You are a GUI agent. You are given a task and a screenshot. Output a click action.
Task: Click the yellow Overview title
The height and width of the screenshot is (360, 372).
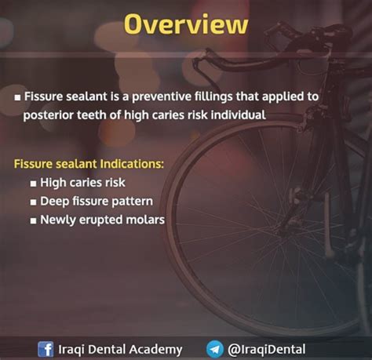point(186,24)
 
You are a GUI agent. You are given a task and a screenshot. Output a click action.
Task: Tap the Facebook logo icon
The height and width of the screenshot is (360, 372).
point(46,349)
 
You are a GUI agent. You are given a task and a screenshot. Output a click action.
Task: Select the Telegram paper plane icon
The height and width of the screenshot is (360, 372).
point(215,349)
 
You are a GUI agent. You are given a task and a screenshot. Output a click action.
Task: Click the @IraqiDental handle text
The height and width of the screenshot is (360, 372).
point(266,350)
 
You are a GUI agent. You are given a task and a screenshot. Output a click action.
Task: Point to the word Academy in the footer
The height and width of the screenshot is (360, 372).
point(156,350)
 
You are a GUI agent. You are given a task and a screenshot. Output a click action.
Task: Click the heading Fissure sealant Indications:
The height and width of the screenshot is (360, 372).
point(89,164)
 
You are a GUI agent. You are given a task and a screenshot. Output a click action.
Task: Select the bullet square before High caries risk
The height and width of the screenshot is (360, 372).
point(33,184)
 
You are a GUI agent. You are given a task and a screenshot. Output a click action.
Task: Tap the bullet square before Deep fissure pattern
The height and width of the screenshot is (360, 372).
point(33,202)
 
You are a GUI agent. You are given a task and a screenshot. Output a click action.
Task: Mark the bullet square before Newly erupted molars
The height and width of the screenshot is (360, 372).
point(33,221)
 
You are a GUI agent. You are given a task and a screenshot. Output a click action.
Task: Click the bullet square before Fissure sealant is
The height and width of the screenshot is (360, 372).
point(17,98)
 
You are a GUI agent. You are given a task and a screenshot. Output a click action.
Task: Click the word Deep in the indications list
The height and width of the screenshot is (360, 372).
point(55,202)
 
